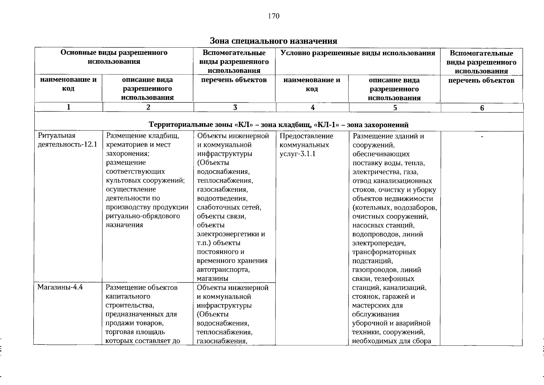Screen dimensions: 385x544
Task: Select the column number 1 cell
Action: [x=68, y=107]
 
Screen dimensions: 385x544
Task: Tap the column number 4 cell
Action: [x=312, y=108]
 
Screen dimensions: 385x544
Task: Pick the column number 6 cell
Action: [x=482, y=108]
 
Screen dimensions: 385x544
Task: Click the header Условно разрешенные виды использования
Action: [x=358, y=53]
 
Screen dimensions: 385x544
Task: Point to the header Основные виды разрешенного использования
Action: [x=114, y=57]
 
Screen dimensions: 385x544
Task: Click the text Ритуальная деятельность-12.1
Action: [x=67, y=140]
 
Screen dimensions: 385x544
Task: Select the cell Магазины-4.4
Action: [x=60, y=287]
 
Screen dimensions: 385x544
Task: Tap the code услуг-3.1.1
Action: [x=297, y=154]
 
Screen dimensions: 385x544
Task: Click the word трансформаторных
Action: [x=384, y=252]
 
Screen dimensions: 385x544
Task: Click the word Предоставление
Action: [x=306, y=136]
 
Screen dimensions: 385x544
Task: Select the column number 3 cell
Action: [x=235, y=108]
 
